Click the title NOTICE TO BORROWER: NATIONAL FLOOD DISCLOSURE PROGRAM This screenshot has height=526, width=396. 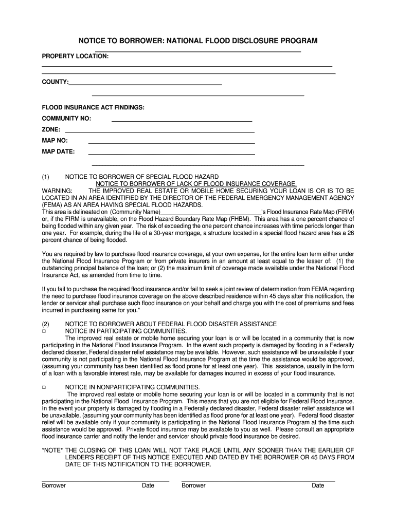pyautogui.click(x=197, y=40)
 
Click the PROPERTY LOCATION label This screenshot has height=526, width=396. pyautogui.click(x=75, y=55)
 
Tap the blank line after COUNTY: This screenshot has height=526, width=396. pyautogui.click(x=146, y=83)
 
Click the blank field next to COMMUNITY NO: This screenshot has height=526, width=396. pyautogui.click(x=182, y=119)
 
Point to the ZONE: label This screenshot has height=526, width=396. pyautogui.click(x=51, y=129)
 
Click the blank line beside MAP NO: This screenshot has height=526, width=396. pyautogui.click(x=172, y=141)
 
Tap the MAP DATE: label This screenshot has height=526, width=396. pyautogui.click(x=58, y=152)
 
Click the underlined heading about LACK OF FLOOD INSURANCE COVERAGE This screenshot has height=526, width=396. pyautogui.click(x=196, y=183)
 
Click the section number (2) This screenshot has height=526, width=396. pyautogui.click(x=46, y=324)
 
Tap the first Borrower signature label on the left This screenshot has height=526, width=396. pyautogui.click(x=53, y=485)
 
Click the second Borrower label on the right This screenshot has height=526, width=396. pyautogui.click(x=193, y=485)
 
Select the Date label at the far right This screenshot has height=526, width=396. pyautogui.click(x=318, y=485)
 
